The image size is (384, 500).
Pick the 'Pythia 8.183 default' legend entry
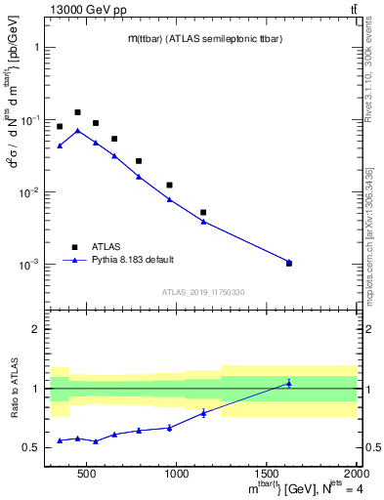[131, 260]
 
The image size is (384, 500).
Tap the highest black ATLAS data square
[78, 112]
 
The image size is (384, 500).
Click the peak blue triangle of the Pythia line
[78, 130]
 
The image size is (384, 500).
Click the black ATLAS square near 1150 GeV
[203, 212]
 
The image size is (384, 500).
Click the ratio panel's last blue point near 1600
[289, 383]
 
